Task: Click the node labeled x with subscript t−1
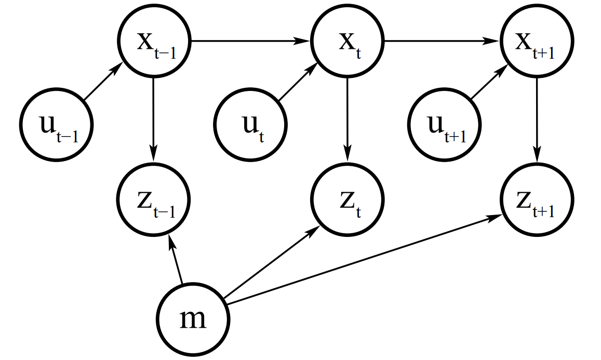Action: point(154,41)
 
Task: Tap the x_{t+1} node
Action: point(537,41)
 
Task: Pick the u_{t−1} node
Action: point(57,125)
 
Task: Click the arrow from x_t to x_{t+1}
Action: point(442,41)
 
